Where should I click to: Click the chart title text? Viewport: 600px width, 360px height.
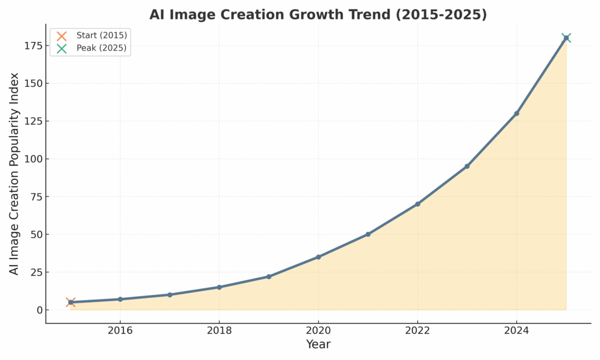point(318,15)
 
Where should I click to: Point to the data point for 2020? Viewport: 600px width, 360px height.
point(318,257)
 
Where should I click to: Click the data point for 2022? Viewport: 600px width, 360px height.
point(417,204)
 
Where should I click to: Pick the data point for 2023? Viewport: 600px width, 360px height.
point(467,167)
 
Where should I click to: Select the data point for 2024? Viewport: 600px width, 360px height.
point(516,113)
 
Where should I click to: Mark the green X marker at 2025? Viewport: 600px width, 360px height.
point(566,38)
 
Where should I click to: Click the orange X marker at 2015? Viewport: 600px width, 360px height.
point(70,303)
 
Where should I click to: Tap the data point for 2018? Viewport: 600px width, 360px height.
point(219,287)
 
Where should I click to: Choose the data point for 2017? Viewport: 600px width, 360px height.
point(169,295)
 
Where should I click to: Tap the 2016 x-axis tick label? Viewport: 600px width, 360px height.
point(120,330)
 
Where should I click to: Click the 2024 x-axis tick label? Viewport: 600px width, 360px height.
point(516,330)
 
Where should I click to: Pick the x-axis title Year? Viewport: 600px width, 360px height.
point(318,345)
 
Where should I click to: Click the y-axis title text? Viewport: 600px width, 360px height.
point(14,174)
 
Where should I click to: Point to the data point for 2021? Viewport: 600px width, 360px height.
point(368,235)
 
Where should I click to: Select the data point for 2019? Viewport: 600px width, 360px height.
point(268,277)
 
